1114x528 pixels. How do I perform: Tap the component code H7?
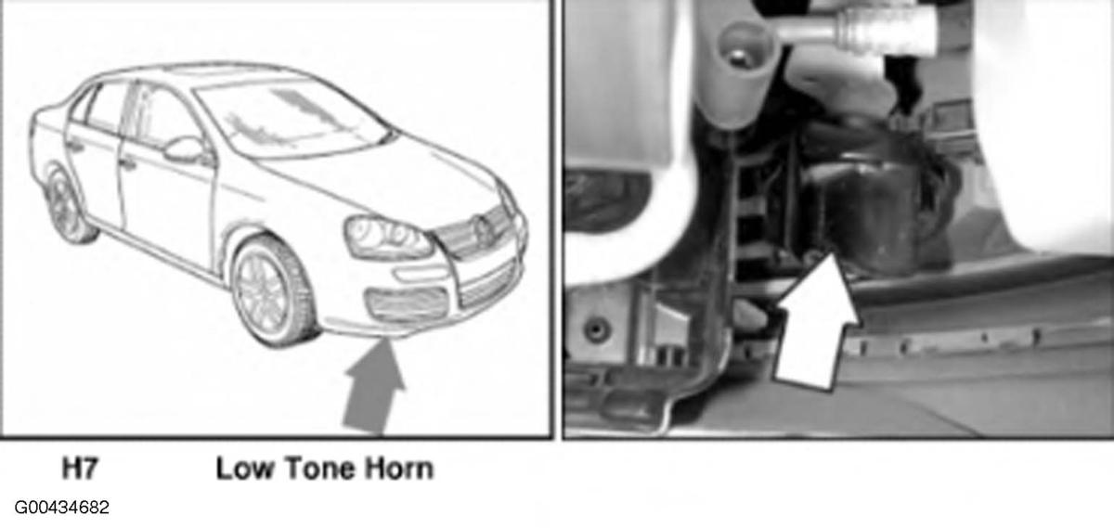pyautogui.click(x=80, y=469)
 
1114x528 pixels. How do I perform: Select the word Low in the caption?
pyautogui.click(x=245, y=469)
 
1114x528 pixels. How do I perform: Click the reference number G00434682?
pyautogui.click(x=61, y=508)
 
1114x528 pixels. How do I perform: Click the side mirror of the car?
pyautogui.click(x=187, y=149)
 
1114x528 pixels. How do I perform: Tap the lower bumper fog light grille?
pyautogui.click(x=407, y=303)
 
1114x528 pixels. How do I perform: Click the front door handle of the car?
pyautogui.click(x=127, y=163)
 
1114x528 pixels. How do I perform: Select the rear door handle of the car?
pyautogui.click(x=74, y=146)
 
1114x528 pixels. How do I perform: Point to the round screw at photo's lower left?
pyautogui.click(x=597, y=328)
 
